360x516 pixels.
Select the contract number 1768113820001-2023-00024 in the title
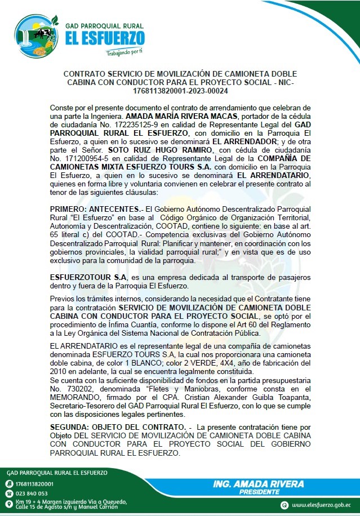coord(180,91)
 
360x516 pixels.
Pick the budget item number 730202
coord(77,388)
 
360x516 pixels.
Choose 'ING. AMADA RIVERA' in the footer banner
coord(259,484)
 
